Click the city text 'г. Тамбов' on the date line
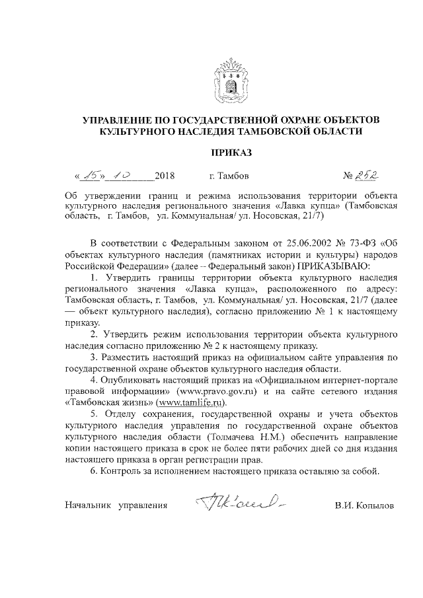229,176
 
